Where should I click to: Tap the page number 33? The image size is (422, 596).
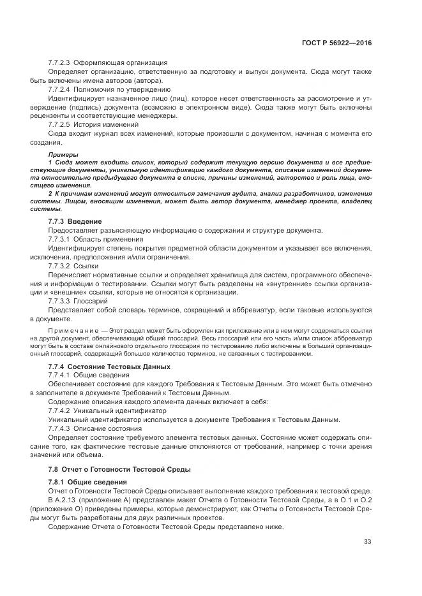(x=367, y=542)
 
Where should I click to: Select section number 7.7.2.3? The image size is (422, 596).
(x=59, y=62)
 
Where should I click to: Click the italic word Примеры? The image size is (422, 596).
(x=63, y=155)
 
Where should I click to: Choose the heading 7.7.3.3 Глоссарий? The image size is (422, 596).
(x=78, y=300)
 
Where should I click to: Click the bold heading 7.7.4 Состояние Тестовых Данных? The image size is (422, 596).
(x=109, y=367)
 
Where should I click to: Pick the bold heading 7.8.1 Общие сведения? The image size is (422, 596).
(x=87, y=482)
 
